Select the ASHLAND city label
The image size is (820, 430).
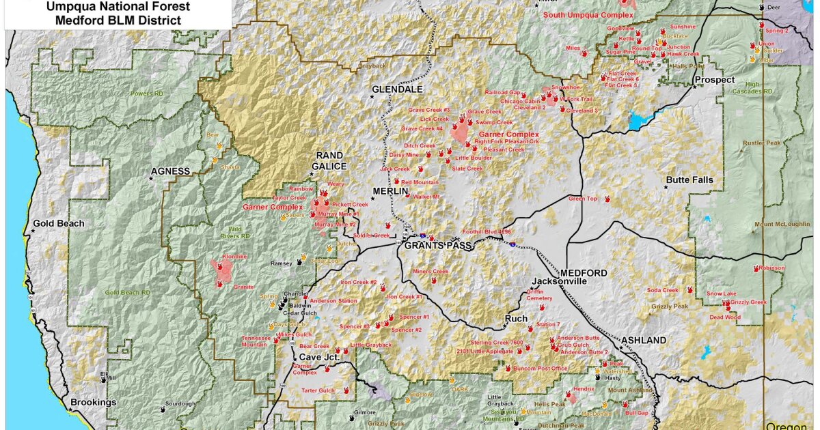click(x=643, y=340)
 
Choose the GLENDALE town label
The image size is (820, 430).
click(x=397, y=89)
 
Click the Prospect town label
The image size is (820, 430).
click(x=715, y=80)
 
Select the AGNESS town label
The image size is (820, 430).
click(x=170, y=171)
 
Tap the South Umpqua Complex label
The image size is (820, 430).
click(x=588, y=14)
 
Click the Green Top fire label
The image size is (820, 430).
click(x=582, y=199)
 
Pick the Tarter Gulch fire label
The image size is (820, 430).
click(x=318, y=390)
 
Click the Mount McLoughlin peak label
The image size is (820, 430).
click(x=783, y=225)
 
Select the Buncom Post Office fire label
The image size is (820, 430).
click(x=540, y=369)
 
